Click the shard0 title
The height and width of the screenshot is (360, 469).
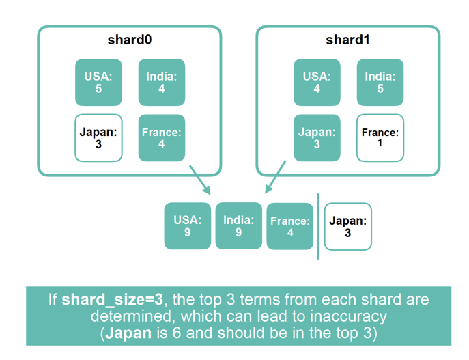129,40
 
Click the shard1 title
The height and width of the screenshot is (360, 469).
347,40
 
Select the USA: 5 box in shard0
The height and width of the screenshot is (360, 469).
98,82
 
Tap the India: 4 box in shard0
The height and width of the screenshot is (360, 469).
162,82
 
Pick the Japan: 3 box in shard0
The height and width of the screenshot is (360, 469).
98,138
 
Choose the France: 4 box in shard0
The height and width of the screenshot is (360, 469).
162,138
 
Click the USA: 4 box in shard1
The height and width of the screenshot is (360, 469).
317,82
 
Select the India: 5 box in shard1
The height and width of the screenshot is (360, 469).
380,82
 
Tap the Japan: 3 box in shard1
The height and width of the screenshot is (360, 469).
317,138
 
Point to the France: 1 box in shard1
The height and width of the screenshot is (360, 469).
380,138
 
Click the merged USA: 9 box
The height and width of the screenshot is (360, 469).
188,226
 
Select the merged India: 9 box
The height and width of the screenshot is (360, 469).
239,226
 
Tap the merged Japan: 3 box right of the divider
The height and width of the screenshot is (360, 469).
348,226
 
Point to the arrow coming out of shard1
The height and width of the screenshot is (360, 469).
274,178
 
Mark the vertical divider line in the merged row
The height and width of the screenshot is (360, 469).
319,226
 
